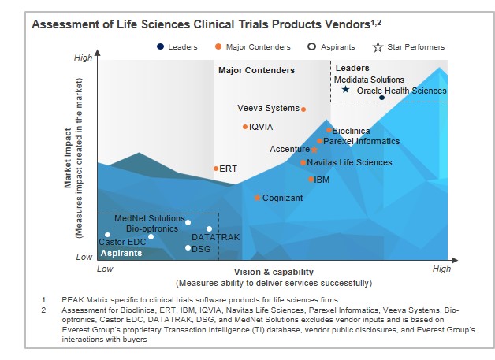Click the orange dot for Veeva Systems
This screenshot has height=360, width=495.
click(303, 109)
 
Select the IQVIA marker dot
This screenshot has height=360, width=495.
click(245, 127)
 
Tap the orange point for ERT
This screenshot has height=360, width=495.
click(216, 169)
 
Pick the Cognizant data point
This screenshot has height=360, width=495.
click(258, 198)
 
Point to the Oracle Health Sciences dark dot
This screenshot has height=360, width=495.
click(381, 97)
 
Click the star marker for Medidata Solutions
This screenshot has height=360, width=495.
click(345, 90)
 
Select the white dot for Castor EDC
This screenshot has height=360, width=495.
click(108, 235)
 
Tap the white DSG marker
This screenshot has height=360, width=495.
click(188, 248)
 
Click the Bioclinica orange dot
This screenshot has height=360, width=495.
click(329, 130)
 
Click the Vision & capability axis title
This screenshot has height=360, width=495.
click(274, 272)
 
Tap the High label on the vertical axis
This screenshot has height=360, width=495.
click(83, 58)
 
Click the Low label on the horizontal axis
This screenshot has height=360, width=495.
click(105, 269)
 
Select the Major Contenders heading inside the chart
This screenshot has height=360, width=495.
click(256, 71)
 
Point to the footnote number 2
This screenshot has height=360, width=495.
click(44, 310)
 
